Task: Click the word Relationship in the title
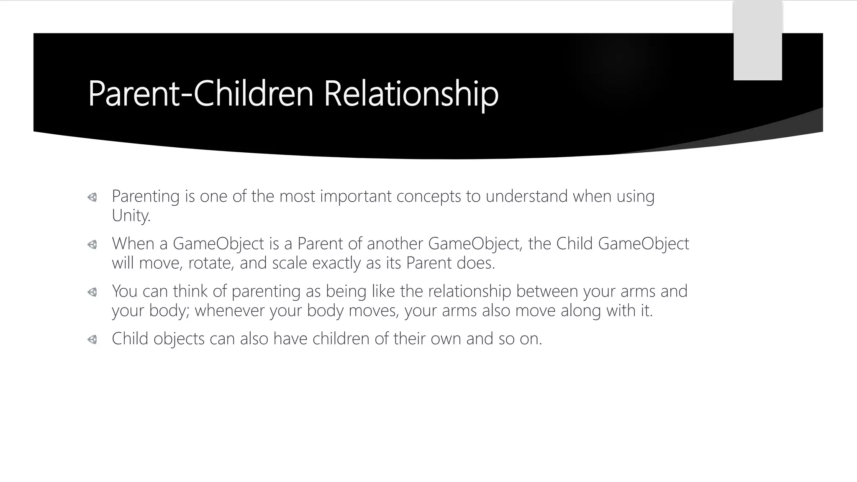tap(411, 94)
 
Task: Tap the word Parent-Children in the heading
tap(200, 94)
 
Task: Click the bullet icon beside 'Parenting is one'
tap(92, 197)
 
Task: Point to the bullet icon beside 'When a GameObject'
tap(92, 244)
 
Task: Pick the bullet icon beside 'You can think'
tap(92, 292)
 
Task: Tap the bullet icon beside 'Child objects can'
tap(92, 339)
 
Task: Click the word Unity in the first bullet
tap(130, 215)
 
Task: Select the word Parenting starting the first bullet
tap(146, 196)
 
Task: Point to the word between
tap(547, 291)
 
